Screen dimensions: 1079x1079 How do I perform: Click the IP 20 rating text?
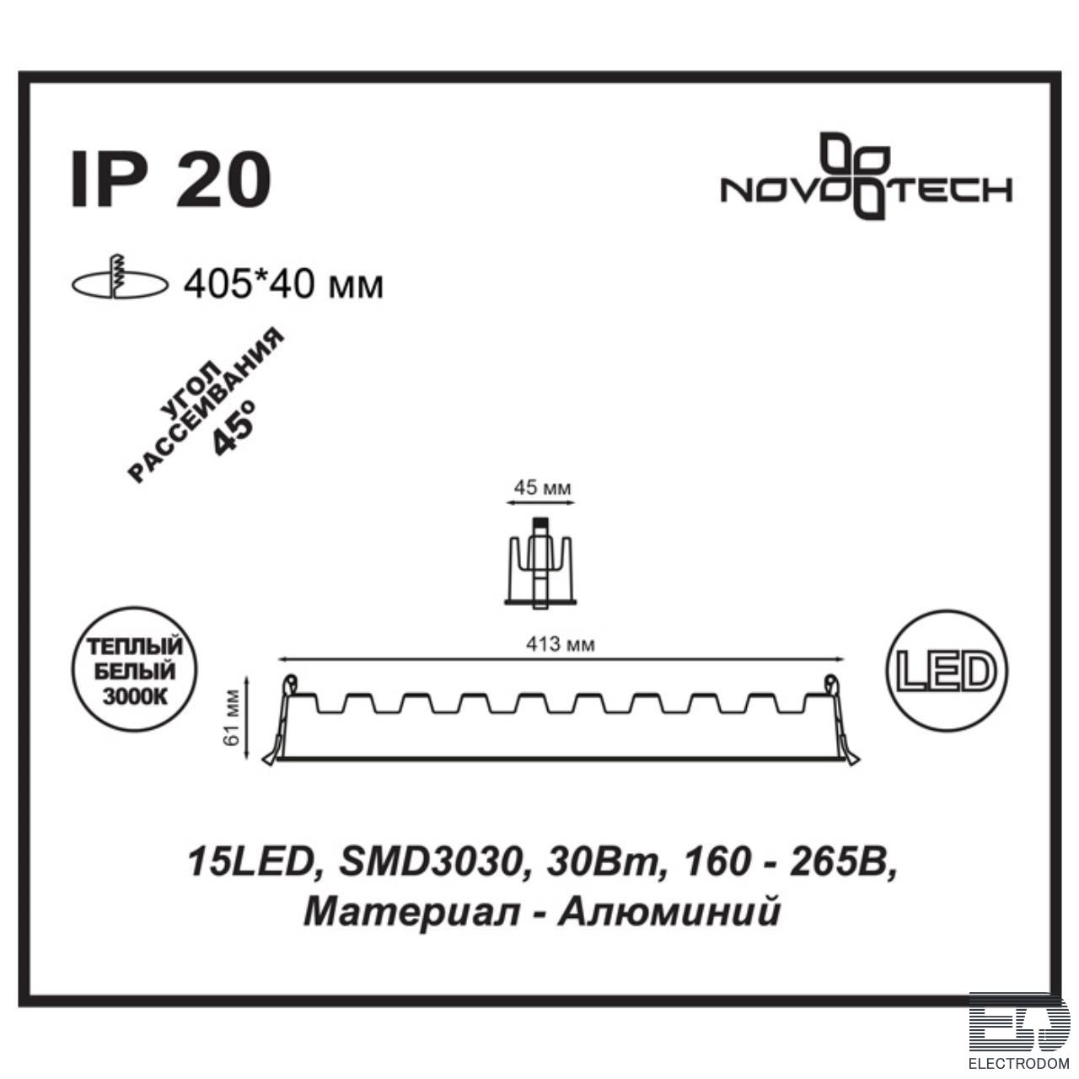[x=170, y=180]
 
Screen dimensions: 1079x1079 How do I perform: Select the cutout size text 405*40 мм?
[x=284, y=286]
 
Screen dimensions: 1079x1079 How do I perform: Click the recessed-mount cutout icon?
[x=119, y=278]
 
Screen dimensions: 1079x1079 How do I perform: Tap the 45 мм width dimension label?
[x=542, y=488]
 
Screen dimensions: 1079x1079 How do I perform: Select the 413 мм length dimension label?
[x=560, y=645]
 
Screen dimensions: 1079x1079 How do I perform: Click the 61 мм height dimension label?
[x=233, y=718]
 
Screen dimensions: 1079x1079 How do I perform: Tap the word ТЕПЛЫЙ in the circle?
[x=134, y=647]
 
